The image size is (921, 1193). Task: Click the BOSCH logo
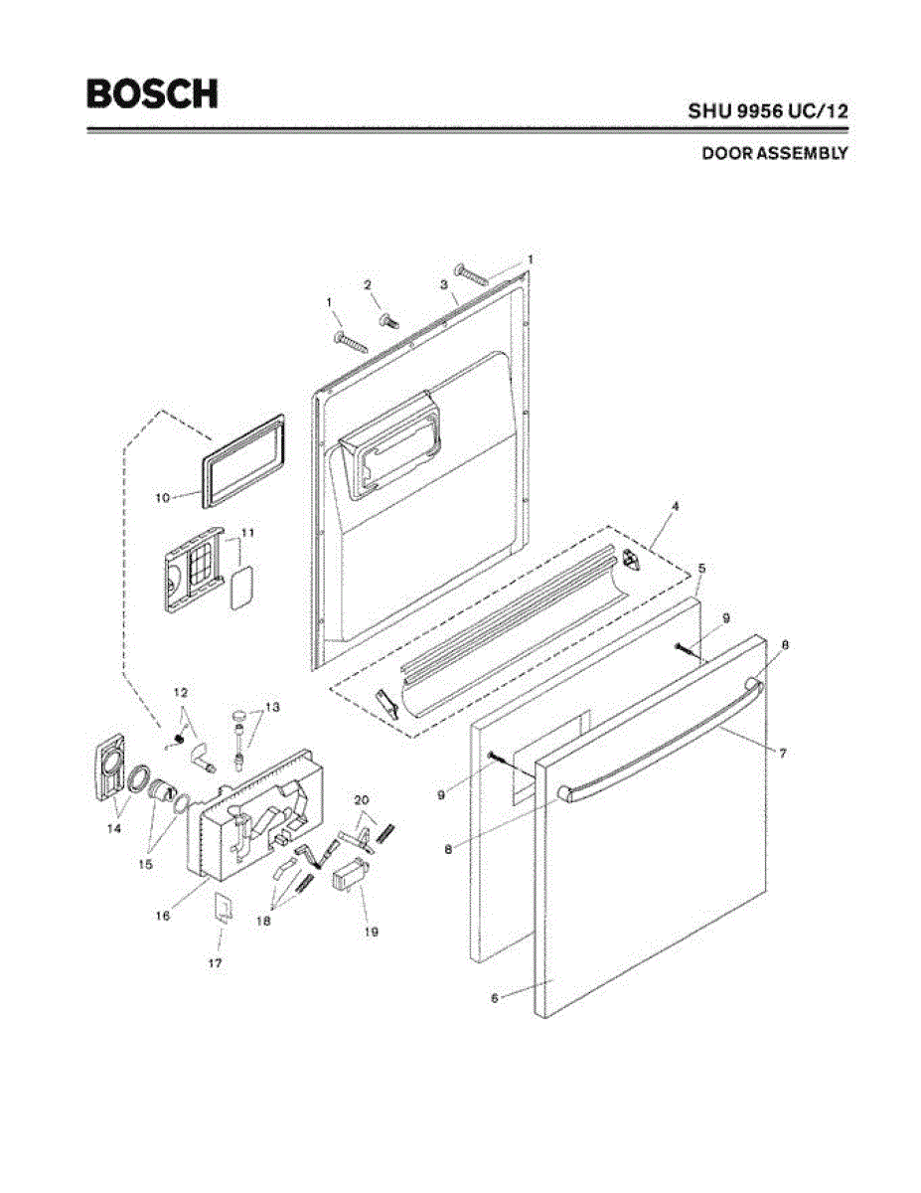pos(151,93)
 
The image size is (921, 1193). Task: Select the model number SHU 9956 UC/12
pos(768,111)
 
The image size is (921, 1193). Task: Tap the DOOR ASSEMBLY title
pos(774,154)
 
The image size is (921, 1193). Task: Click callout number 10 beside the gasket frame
pos(162,495)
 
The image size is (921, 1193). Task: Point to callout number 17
pos(215,963)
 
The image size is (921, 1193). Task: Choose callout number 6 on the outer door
pos(494,997)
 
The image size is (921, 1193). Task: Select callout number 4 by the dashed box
pos(675,506)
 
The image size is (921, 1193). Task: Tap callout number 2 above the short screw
pos(368,285)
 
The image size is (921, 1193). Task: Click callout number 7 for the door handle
pos(783,755)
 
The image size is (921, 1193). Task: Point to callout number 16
pos(162,914)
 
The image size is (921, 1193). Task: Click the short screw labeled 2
pos(388,321)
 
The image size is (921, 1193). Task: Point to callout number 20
pos(362,798)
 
